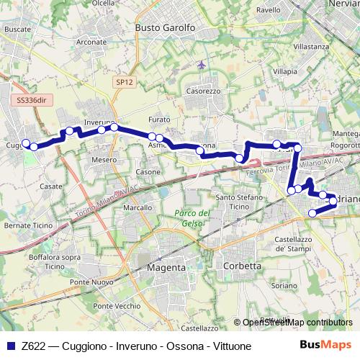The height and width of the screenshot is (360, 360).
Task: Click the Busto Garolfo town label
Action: coord(166,27)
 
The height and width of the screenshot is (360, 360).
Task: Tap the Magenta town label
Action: coord(166,266)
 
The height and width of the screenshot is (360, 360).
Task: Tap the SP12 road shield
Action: coord(124,83)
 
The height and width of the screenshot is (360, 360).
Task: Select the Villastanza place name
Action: coord(312,46)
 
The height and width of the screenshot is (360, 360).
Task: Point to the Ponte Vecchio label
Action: coord(112,306)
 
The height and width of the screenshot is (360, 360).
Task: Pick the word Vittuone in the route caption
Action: coord(230,346)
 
